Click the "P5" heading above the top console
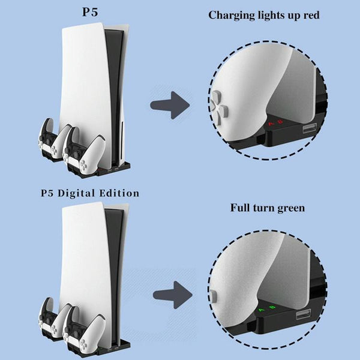click(91, 13)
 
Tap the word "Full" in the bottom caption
click(242, 208)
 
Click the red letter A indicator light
click(271, 124)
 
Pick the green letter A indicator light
click(262, 310)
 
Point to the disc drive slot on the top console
click(121, 129)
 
